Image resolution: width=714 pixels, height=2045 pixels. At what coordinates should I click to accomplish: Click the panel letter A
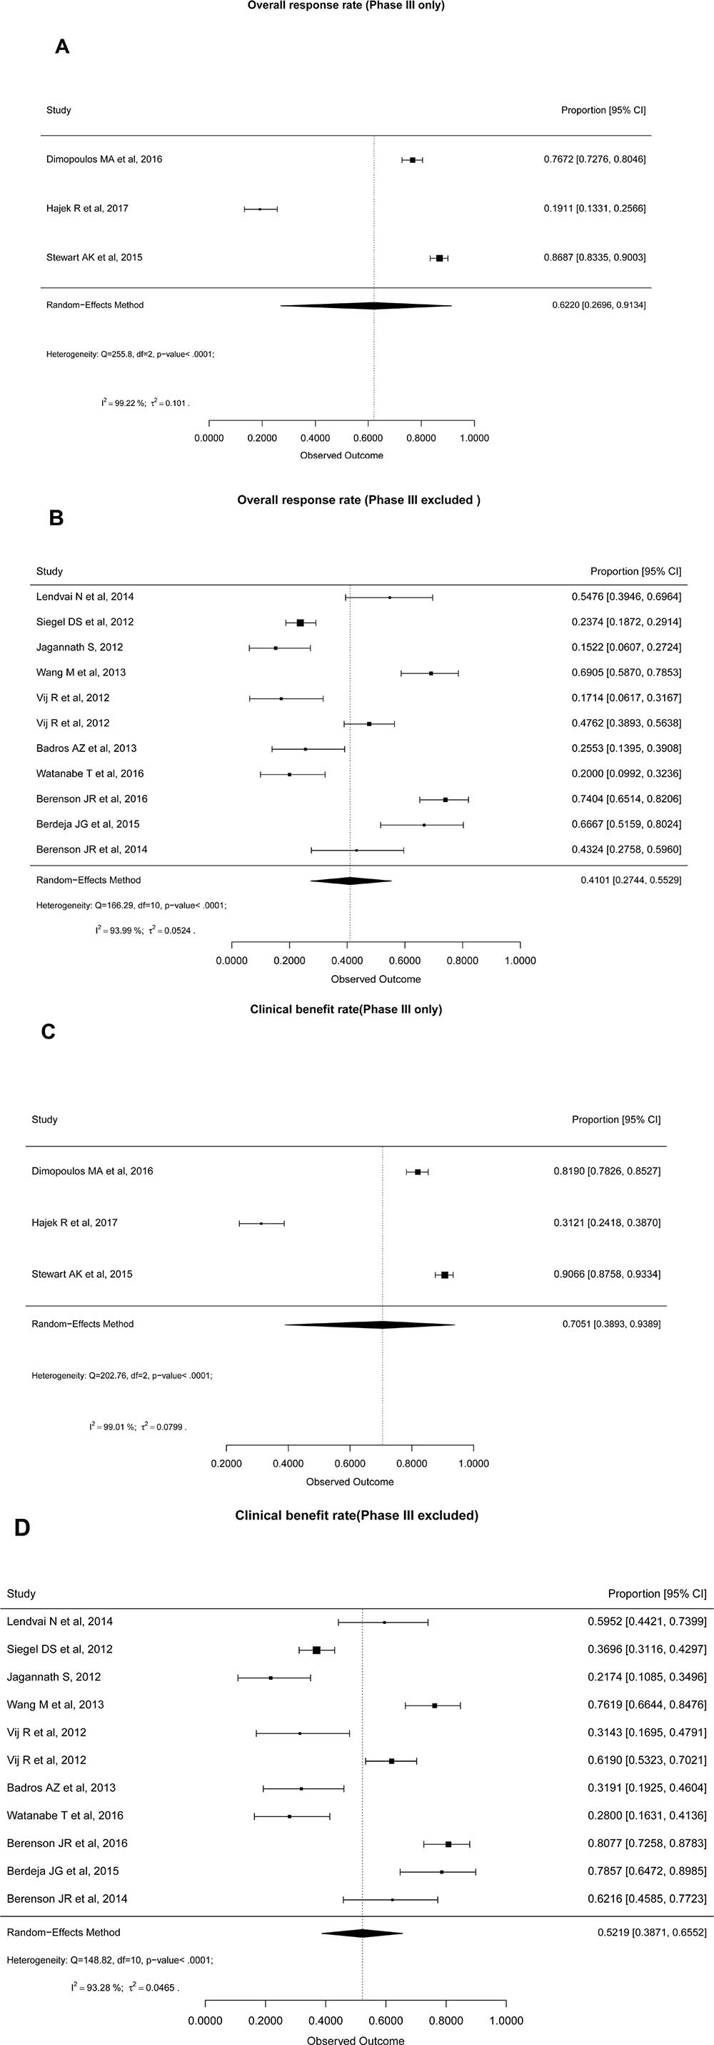coord(62,47)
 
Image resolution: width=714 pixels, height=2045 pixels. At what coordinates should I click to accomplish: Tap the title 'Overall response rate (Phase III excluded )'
coord(358,500)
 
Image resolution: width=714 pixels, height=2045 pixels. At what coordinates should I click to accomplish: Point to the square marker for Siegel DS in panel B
coord(300,623)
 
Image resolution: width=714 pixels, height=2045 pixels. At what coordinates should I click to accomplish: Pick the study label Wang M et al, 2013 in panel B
coord(81,673)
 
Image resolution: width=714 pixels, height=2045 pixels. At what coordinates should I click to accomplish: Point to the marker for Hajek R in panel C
coord(261,1223)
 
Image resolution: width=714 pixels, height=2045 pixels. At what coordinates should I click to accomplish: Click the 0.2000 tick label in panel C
coord(227,1463)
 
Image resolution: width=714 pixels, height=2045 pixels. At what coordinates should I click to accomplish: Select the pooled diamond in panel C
coord(370,1325)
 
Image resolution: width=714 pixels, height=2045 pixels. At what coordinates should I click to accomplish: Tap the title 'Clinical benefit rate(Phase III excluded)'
coord(357,1515)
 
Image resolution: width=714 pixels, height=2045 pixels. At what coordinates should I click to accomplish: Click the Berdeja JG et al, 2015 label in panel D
coord(64,1871)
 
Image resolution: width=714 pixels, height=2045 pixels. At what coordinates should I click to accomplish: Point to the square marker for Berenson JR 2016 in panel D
coord(448,1844)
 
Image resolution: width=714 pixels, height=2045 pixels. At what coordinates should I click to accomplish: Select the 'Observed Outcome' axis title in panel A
coord(341,456)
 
